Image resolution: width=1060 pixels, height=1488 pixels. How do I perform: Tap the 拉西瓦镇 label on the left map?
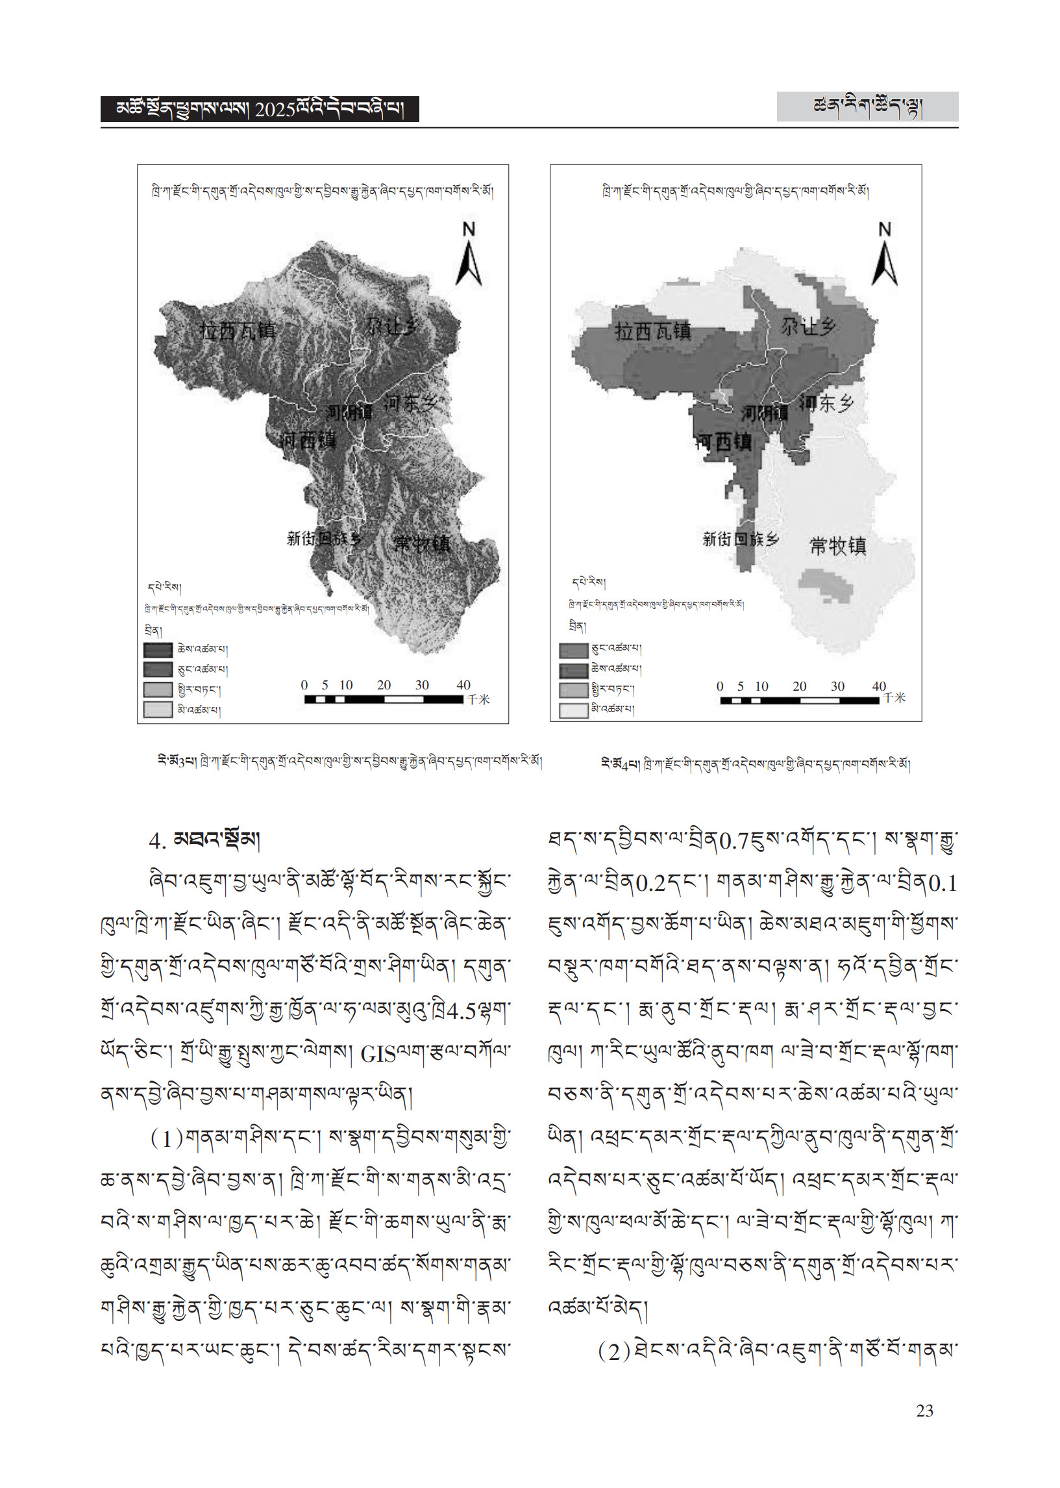coord(238,331)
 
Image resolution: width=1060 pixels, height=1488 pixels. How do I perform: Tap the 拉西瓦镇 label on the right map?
coord(653,331)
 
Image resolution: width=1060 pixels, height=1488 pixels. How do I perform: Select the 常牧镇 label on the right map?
coord(838,545)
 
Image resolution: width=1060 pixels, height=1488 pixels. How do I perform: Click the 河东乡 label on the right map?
coord(827,403)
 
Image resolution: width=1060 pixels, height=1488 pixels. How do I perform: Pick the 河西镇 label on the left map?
coord(308,440)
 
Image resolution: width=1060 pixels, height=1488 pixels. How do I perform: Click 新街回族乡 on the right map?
coord(741,539)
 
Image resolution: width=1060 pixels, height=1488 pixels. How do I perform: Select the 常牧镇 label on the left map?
coord(422,543)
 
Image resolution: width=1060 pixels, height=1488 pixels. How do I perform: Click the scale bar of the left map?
coord(384,700)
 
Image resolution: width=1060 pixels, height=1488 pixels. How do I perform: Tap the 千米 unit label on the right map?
coord(894,698)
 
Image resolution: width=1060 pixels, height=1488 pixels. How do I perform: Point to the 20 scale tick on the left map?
coord(384,686)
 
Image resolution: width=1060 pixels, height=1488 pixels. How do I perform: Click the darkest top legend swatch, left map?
coord(158,650)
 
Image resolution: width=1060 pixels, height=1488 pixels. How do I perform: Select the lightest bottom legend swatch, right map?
coord(574,710)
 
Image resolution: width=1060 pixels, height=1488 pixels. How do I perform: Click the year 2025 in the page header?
coord(275,110)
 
